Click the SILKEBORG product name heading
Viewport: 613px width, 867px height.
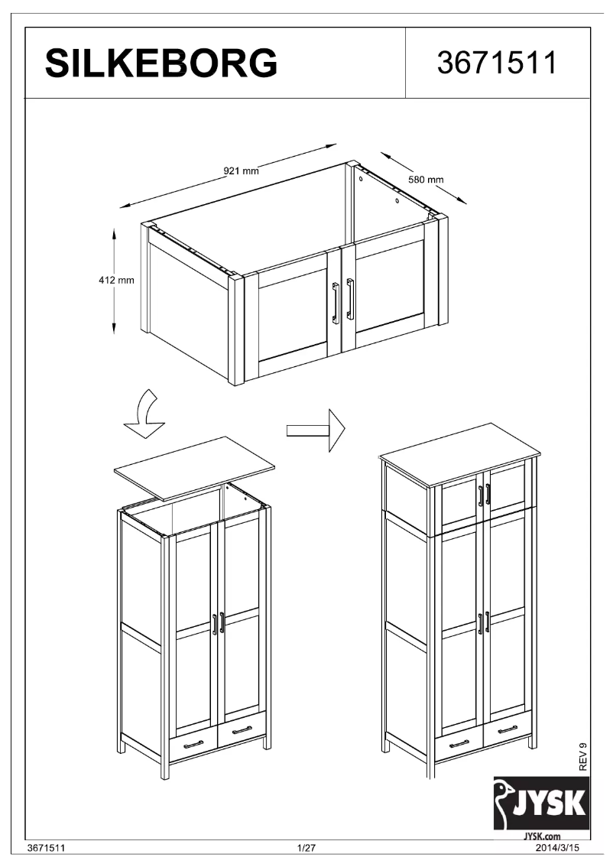pos(161,63)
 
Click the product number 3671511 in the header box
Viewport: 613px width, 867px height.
pos(496,63)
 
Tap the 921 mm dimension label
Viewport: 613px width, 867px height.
pos(241,170)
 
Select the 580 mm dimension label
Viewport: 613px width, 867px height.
pos(426,180)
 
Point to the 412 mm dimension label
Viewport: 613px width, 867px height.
pos(116,281)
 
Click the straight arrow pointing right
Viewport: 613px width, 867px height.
pos(315,430)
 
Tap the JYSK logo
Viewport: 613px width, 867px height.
pos(541,804)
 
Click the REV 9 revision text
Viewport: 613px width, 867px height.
pos(583,757)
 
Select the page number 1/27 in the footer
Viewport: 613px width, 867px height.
pos(306,848)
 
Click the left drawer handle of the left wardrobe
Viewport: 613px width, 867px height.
pos(193,744)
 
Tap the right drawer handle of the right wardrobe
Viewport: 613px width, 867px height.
pos(507,730)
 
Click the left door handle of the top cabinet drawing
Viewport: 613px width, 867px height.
pos(335,301)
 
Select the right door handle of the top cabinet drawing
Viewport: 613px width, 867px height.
pos(350,298)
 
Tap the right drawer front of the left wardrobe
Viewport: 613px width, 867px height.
pos(242,732)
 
